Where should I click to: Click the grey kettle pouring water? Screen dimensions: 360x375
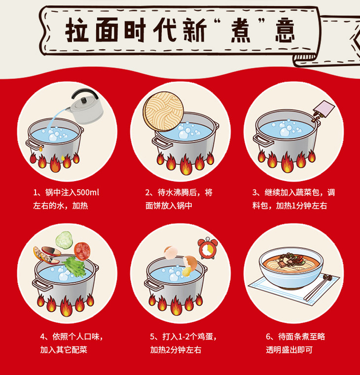[x=86, y=108]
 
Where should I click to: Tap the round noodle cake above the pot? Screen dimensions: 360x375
[x=164, y=112]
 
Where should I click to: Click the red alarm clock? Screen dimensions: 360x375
[x=208, y=248]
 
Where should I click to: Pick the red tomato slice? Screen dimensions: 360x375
[x=82, y=251]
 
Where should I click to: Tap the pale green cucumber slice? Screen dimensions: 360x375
[x=64, y=240]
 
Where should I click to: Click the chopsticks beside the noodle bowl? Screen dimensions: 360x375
[x=319, y=288]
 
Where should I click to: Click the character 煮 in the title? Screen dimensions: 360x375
[x=240, y=31]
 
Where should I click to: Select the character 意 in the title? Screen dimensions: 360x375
[x=285, y=31]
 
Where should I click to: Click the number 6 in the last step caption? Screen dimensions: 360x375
[x=268, y=337]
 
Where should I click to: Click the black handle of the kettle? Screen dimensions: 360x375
[x=84, y=93]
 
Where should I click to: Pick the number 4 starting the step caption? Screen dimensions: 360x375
[x=42, y=337]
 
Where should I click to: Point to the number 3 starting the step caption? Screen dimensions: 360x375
[x=254, y=192]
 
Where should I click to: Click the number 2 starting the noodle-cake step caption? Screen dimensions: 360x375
[x=147, y=192]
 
